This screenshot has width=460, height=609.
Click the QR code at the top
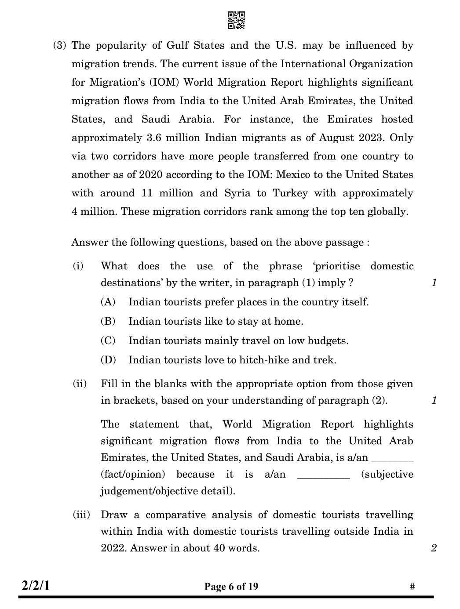(236, 20)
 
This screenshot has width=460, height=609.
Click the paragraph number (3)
(60, 45)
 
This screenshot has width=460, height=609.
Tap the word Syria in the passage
(237, 193)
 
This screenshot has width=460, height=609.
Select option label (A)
(108, 302)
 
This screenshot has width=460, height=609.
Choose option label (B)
(108, 321)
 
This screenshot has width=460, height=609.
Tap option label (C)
(108, 341)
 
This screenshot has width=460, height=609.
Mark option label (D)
(108, 360)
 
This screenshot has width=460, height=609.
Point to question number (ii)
(80, 384)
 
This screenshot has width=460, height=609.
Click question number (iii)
(81, 515)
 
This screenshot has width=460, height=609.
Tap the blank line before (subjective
(323, 476)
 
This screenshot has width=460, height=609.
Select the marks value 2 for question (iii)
(434, 548)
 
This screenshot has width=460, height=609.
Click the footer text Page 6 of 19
(231, 587)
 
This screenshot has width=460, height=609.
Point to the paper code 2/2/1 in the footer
(36, 586)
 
